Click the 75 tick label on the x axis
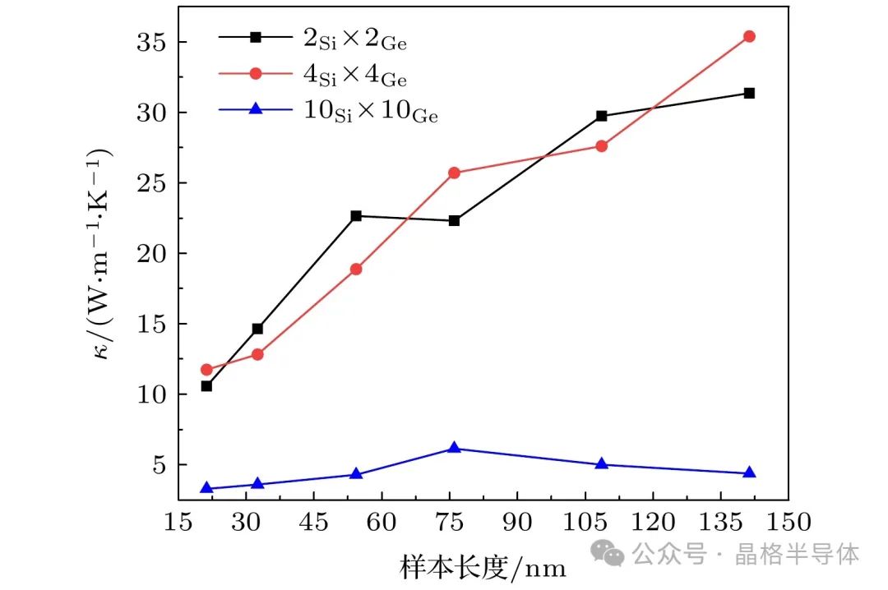tap(450, 523)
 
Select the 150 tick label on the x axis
tap(788, 523)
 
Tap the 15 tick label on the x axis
tap(178, 523)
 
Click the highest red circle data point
tap(749, 36)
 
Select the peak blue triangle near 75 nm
tap(454, 448)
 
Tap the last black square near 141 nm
tap(749, 93)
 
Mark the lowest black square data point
tap(206, 385)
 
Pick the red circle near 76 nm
tap(454, 173)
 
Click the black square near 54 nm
tap(356, 216)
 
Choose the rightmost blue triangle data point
tap(749, 473)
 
